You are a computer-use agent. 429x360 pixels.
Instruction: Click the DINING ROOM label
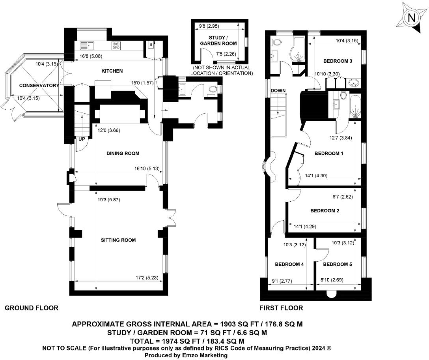pyautogui.click(x=123, y=154)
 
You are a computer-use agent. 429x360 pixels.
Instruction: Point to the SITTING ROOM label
pyautogui.click(x=118, y=240)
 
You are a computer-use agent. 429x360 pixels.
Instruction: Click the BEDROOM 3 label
pyautogui.click(x=338, y=61)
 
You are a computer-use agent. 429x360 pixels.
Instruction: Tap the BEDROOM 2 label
pyautogui.click(x=325, y=211)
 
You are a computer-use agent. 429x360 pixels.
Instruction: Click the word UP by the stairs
pyautogui.click(x=82, y=139)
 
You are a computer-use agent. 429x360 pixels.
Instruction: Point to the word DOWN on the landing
pyautogui.click(x=278, y=91)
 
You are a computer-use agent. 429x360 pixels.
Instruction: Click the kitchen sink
pyautogui.click(x=86, y=45)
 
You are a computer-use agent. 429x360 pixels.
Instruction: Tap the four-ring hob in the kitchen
pyautogui.click(x=117, y=45)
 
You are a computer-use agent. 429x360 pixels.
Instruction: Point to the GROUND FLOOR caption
pyautogui.click(x=31, y=308)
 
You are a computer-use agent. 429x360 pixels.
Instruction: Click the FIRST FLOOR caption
pyautogui.click(x=281, y=308)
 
